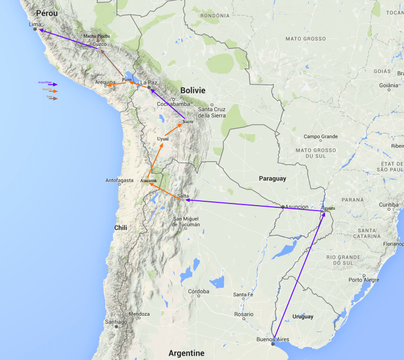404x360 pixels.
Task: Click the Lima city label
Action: click(x=35, y=24)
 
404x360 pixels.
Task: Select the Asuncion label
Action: click(x=297, y=207)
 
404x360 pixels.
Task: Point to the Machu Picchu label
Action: click(x=97, y=36)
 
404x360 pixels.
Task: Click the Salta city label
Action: click(x=183, y=195)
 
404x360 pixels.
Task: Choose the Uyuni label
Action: click(x=163, y=139)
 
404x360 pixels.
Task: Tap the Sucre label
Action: click(x=187, y=121)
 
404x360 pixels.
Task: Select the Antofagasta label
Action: click(x=119, y=180)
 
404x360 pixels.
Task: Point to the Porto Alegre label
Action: click(x=363, y=280)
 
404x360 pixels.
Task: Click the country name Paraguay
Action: click(x=272, y=178)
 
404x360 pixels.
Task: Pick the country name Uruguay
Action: click(x=302, y=316)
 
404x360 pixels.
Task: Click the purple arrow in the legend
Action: click(x=52, y=85)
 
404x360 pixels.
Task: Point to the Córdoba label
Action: click(x=199, y=291)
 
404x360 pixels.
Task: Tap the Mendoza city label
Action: click(x=139, y=314)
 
